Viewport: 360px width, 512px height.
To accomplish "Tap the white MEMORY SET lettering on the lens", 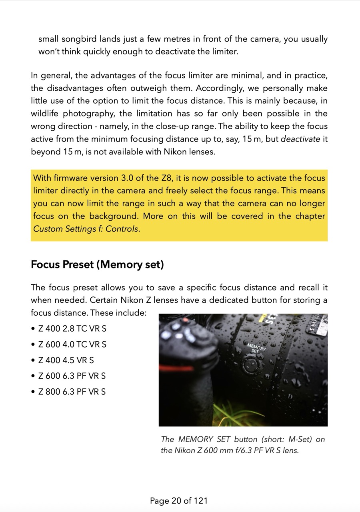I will click(256, 348).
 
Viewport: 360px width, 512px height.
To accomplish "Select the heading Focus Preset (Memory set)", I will click(97, 265).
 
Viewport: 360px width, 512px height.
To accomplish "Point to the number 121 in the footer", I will click(201, 500).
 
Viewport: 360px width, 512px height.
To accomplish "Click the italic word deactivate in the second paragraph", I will click(300, 139).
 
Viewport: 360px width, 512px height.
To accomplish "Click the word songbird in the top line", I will click(80, 39).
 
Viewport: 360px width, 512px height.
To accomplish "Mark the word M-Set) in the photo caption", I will click(301, 439).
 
